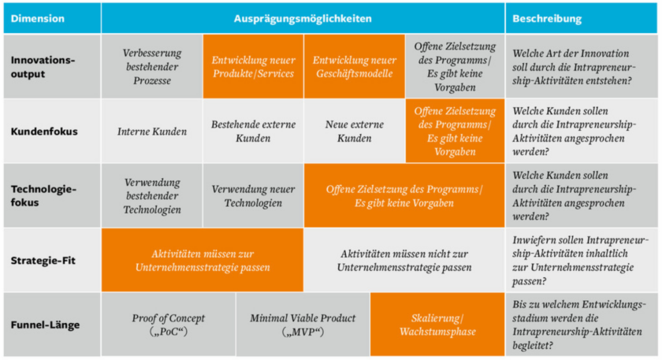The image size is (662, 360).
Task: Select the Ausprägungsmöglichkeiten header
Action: coord(303,18)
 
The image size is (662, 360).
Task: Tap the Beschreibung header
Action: coord(547,18)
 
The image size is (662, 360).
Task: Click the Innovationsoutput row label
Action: coord(43,67)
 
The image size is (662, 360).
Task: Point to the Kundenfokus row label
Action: coord(44,132)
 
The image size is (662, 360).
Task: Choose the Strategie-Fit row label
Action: coord(44,261)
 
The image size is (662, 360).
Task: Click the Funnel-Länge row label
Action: coord(44,325)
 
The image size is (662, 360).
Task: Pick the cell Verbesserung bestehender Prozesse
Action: coord(152,67)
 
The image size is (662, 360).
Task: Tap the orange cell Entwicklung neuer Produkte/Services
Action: coord(253,67)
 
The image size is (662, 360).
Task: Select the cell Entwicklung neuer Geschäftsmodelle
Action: coord(354,67)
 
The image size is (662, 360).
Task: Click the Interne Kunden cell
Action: coord(152,132)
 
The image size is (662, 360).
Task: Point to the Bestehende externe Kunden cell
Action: coord(253,132)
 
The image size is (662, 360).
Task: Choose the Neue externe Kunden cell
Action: coord(354,132)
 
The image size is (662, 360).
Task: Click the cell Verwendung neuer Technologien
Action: coord(253,196)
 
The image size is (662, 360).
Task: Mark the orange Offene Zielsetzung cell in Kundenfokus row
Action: coord(455,132)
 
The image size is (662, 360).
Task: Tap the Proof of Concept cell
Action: coord(169,325)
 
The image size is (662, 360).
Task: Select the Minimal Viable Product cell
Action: coord(303,325)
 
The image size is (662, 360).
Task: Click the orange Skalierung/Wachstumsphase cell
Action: coord(437,325)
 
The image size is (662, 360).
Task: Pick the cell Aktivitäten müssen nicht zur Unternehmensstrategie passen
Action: coord(404,261)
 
